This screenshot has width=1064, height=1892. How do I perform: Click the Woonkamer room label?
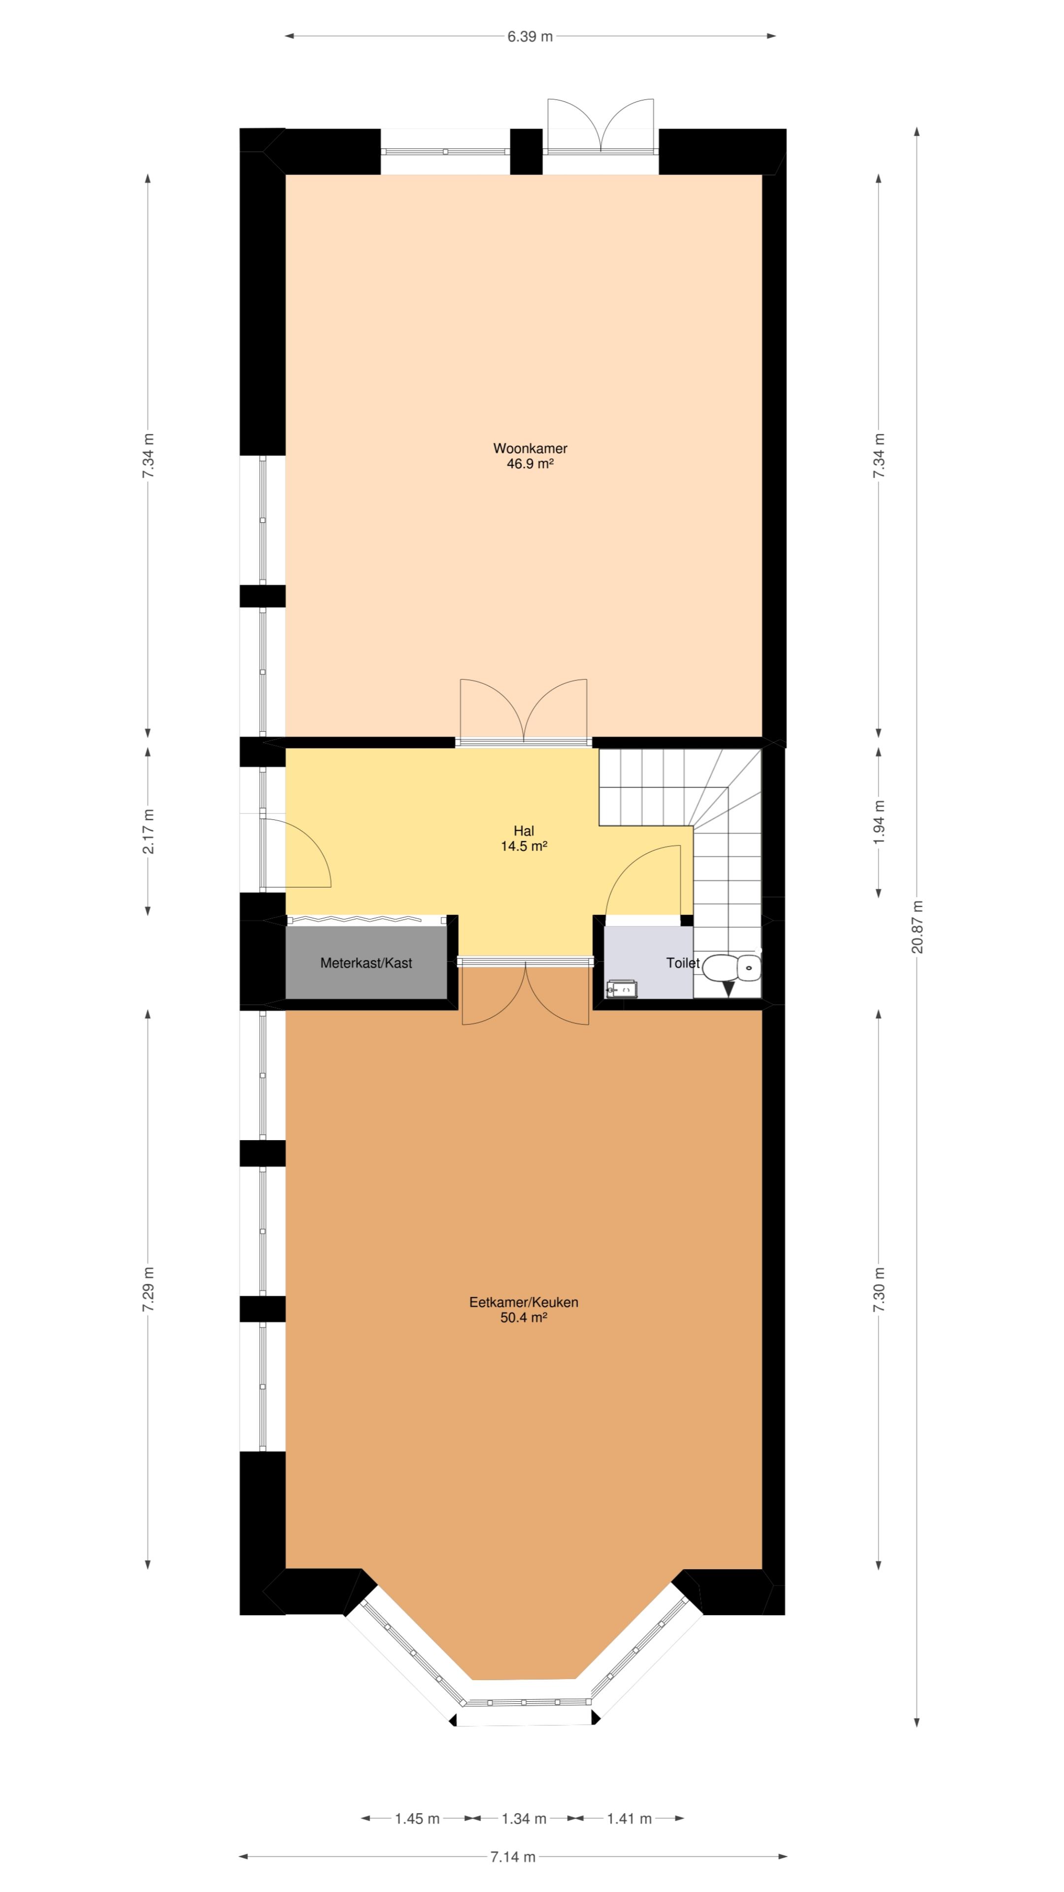point(530,448)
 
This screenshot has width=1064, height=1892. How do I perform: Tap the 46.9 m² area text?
point(530,464)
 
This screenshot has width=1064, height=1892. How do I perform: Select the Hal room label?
point(524,831)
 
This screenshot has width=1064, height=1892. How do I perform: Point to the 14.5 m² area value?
point(524,846)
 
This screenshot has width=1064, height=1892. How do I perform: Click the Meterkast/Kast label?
point(366,963)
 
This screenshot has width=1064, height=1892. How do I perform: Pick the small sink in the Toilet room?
point(622,988)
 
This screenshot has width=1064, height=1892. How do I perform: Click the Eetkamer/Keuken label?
point(524,1302)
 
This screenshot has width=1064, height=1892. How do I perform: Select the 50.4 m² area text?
point(524,1318)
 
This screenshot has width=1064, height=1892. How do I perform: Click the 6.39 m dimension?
point(530,36)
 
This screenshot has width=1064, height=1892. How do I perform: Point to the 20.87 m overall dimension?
point(917,927)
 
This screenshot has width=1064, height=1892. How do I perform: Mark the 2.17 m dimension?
point(148,831)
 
